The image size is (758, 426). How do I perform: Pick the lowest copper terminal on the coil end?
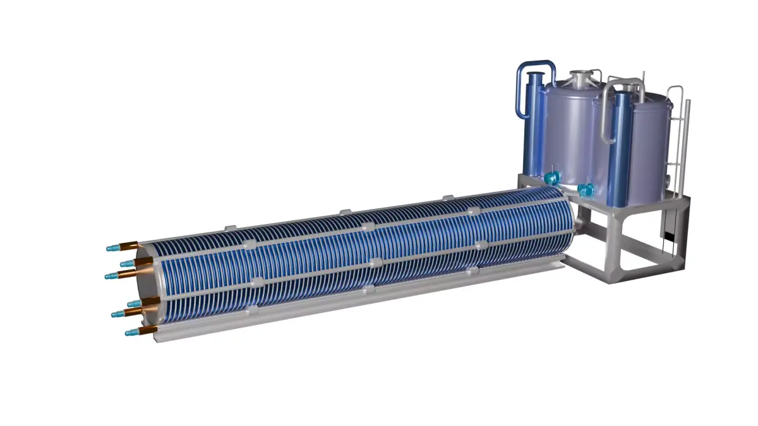(x=148, y=330)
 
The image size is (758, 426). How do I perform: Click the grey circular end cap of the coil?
(x=146, y=287)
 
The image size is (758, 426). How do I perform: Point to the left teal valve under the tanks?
(x=553, y=177)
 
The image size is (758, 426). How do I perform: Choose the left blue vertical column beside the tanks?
(x=534, y=126)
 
